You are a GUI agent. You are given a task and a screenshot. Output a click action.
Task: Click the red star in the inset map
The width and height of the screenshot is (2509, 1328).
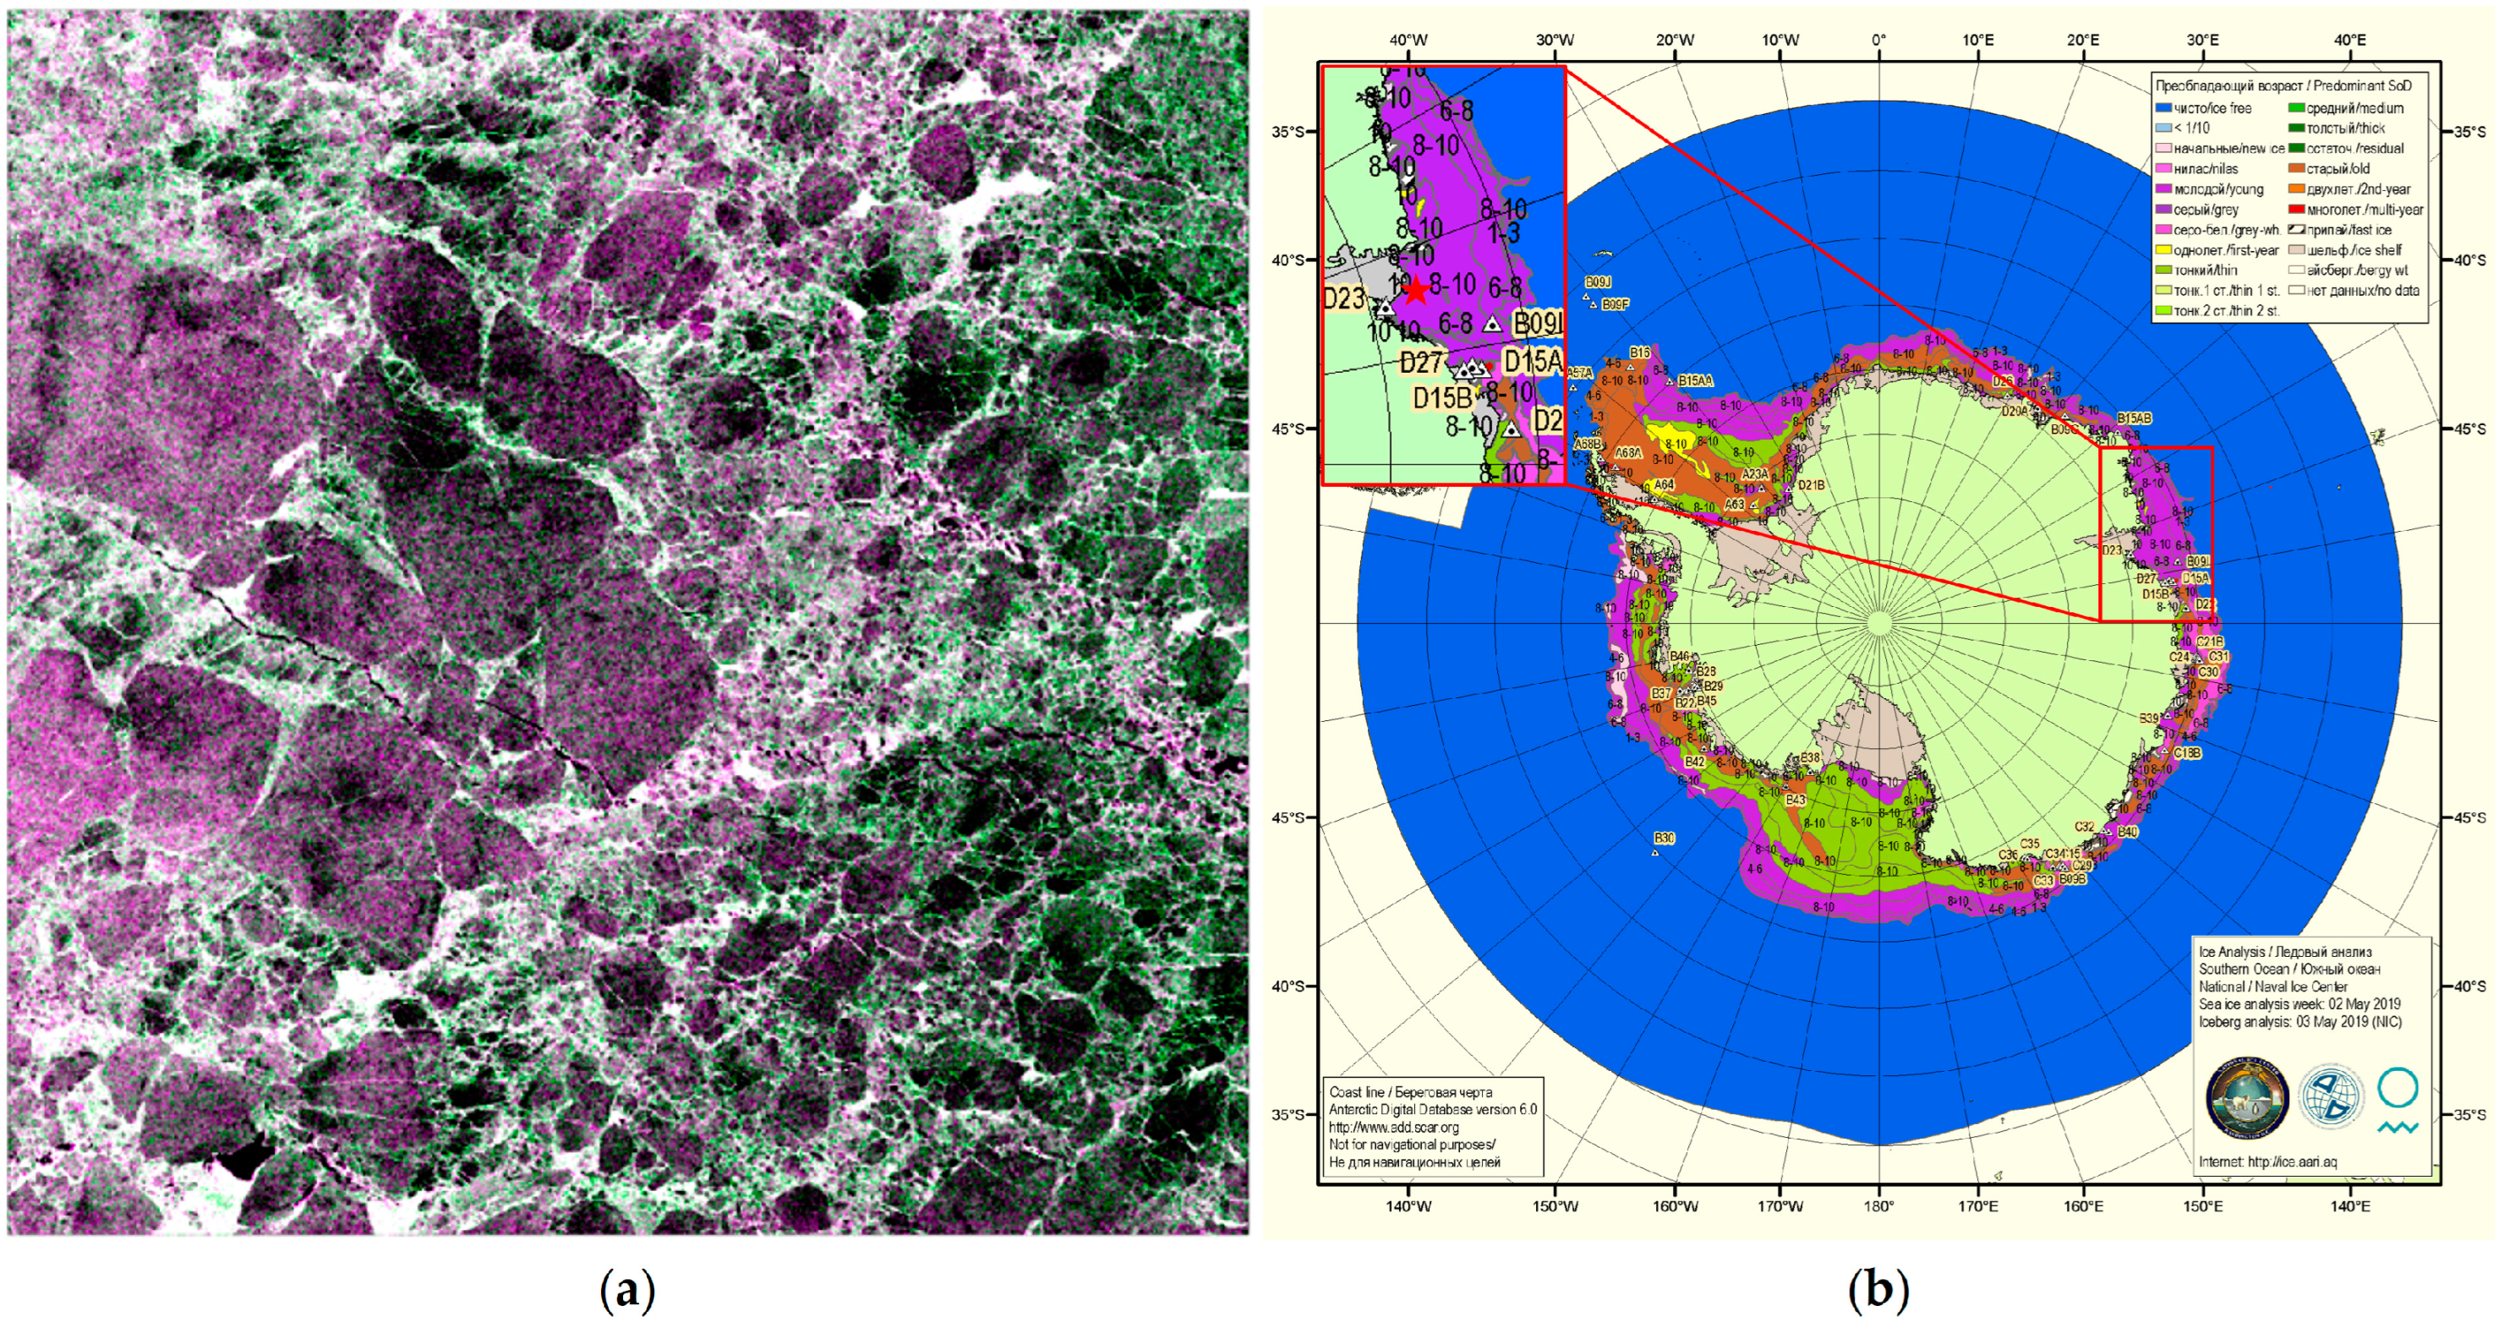click(1416, 290)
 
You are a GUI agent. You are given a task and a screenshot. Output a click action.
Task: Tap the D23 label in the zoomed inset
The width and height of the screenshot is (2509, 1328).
click(1345, 298)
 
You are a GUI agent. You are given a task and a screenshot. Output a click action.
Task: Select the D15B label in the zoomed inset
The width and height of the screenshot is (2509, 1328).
click(1442, 398)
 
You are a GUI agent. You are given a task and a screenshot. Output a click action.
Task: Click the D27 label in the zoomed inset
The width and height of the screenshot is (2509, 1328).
click(1421, 363)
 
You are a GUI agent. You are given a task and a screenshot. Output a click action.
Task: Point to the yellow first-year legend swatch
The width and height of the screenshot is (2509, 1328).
click(2162, 250)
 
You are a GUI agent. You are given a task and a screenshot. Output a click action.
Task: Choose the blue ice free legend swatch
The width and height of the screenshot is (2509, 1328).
click(2162, 108)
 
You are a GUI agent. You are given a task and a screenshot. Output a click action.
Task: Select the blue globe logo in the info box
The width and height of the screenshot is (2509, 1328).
click(2331, 1096)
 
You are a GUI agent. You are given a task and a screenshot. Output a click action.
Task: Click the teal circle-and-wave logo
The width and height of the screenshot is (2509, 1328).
click(2397, 1100)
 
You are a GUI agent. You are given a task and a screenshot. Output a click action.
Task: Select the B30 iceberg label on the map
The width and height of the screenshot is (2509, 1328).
click(1664, 839)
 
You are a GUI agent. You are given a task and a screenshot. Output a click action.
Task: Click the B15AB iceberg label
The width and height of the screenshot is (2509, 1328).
click(2133, 418)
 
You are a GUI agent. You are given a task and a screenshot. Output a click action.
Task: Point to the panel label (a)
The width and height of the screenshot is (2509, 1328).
click(627, 1291)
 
